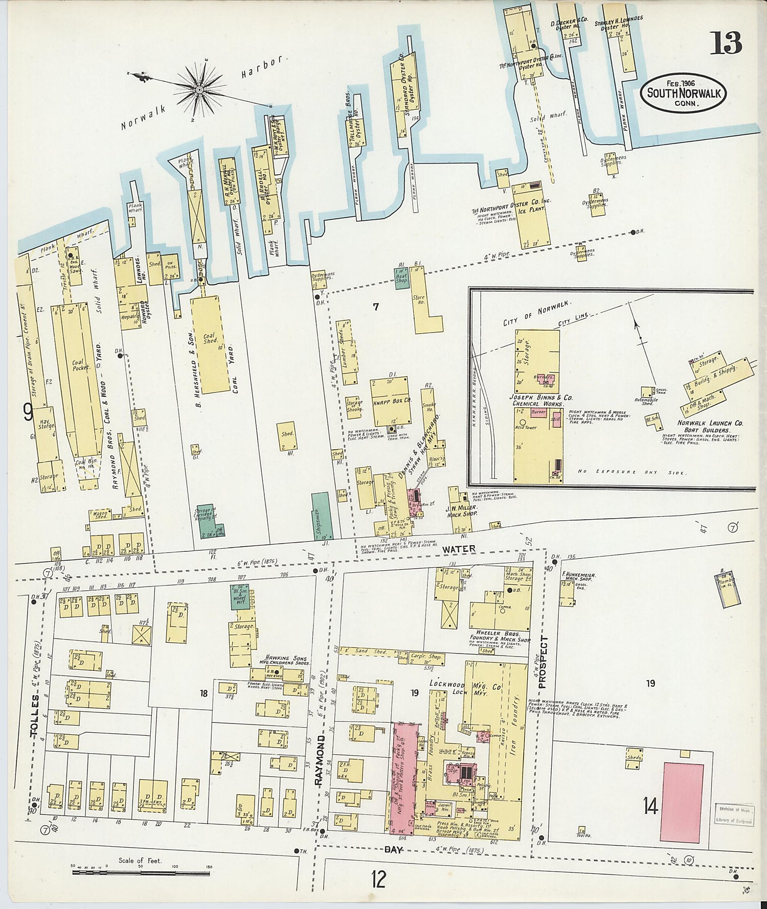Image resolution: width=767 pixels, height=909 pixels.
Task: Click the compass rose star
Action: (199, 90)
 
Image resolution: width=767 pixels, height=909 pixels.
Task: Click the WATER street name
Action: (459, 549)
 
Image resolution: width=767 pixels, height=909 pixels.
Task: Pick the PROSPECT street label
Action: (544, 664)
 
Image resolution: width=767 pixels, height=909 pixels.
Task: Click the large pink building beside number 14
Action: (682, 802)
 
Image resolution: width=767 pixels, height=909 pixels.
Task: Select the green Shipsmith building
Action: (320, 516)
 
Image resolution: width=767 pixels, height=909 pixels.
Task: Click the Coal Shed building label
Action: (210, 339)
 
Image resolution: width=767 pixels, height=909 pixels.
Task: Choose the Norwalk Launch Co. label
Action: (710, 423)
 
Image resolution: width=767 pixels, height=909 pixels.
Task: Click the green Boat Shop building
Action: (402, 276)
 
